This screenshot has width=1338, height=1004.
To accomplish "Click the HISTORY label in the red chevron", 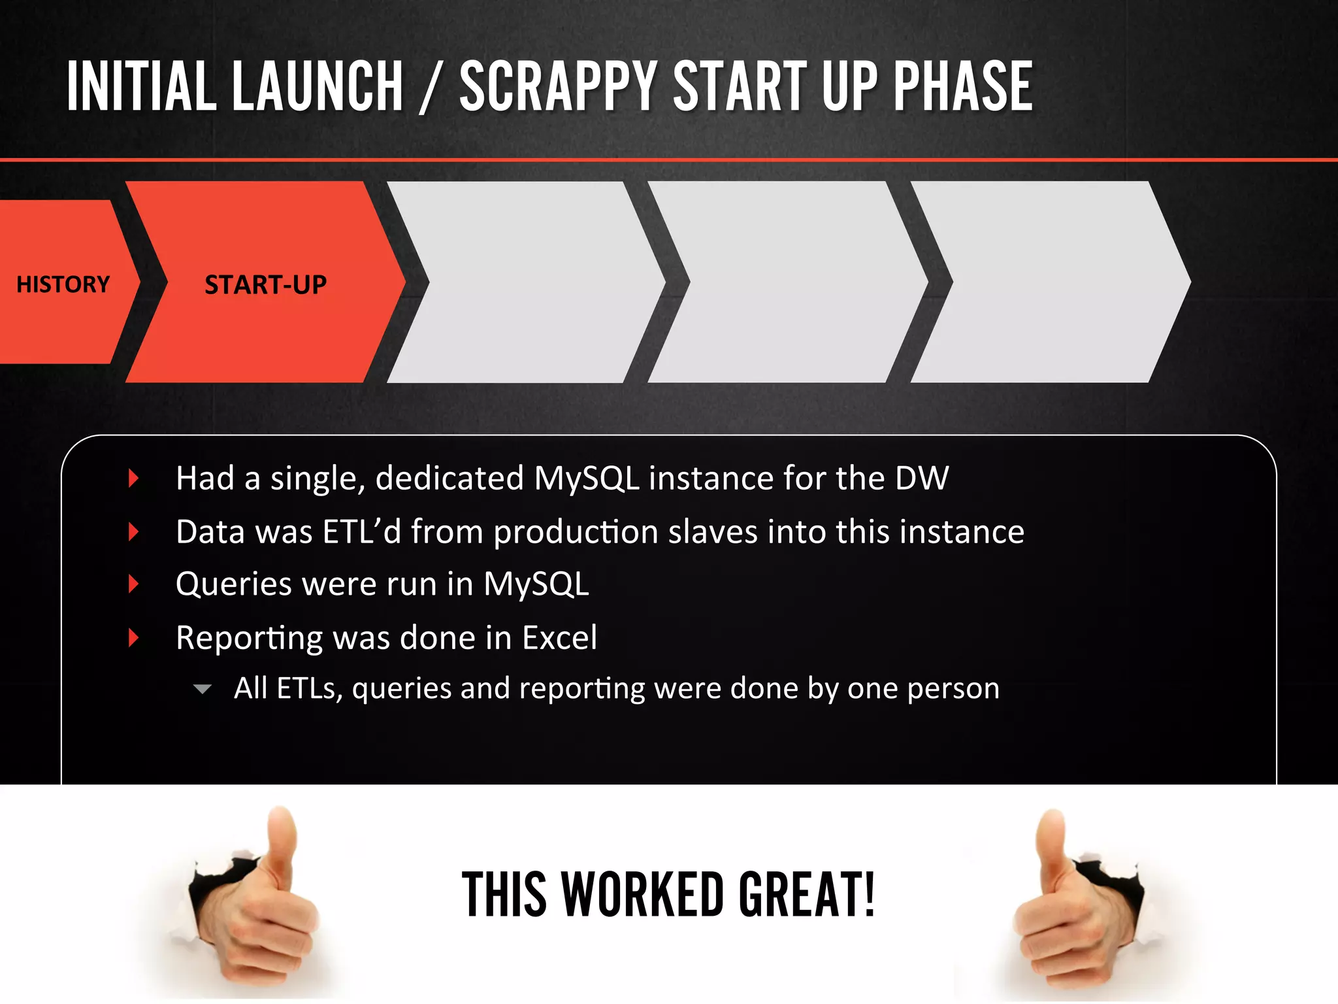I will point(63,284).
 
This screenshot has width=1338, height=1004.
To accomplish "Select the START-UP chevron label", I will point(265,285).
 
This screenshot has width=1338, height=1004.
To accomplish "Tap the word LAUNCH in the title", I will point(318,86).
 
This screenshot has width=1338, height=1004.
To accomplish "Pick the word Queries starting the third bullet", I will point(233,584).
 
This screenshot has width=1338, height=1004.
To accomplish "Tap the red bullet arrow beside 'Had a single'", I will point(134,478).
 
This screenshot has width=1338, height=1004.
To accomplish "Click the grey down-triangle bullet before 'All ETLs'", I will point(203,689).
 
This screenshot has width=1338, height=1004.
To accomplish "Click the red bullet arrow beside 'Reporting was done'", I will point(134,638).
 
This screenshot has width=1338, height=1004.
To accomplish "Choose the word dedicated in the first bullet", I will point(449,478).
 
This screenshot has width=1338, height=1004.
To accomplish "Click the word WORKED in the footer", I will point(643,894).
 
